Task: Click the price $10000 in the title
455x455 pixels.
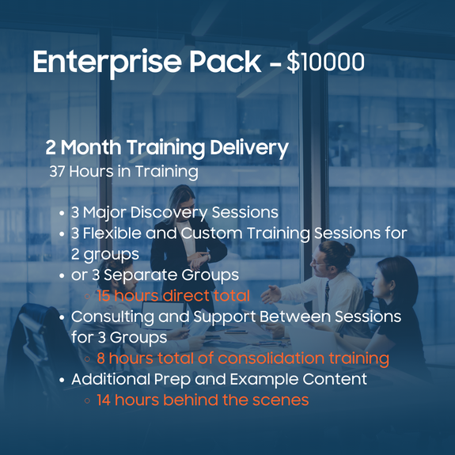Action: click(x=325, y=62)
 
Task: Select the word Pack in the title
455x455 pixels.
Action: click(x=226, y=61)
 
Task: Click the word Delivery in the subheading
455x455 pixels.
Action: click(x=249, y=148)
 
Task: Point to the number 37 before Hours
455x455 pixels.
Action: click(x=57, y=171)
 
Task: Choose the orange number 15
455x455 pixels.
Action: click(x=104, y=296)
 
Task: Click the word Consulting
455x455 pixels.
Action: click(x=112, y=317)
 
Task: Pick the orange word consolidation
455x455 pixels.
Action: click(x=271, y=358)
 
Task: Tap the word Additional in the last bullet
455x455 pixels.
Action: click(x=110, y=379)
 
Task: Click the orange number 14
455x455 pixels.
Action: click(x=104, y=400)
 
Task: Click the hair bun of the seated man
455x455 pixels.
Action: click(x=348, y=249)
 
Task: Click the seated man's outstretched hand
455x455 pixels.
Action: click(x=271, y=294)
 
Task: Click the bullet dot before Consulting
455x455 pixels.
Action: click(x=62, y=317)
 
